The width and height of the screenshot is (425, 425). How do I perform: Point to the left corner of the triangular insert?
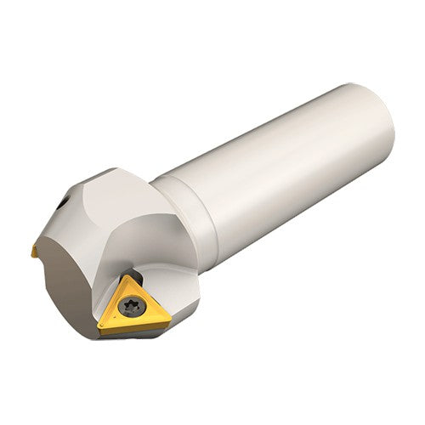pyautogui.click(x=101, y=327)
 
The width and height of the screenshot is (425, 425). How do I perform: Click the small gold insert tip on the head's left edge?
pyautogui.click(x=34, y=249)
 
